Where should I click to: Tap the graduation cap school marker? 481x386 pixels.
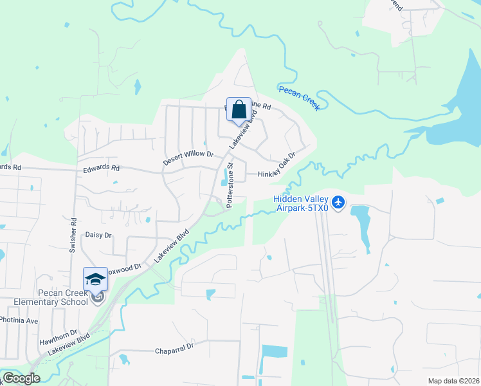pos(95,279)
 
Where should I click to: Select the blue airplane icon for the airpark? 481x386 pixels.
pos(339,203)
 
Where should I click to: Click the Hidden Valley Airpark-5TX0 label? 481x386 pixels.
pos(301,203)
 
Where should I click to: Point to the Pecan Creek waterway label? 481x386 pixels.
pos(299,97)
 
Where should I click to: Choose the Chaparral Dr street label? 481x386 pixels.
pos(174,351)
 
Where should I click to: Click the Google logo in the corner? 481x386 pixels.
pos(21,378)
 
